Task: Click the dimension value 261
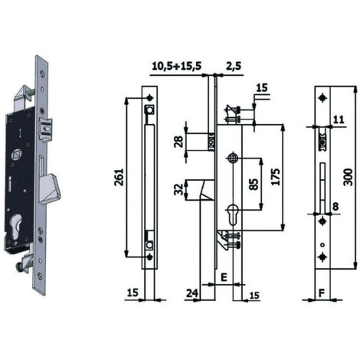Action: [119, 177]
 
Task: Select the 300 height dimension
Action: [349, 177]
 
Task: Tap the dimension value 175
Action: [276, 177]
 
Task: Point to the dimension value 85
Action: [254, 184]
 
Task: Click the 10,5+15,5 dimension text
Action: [177, 66]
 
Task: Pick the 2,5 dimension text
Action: [234, 67]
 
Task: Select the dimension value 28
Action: [179, 142]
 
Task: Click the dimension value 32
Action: [178, 189]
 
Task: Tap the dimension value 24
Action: [192, 293]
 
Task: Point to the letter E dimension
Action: [224, 277]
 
